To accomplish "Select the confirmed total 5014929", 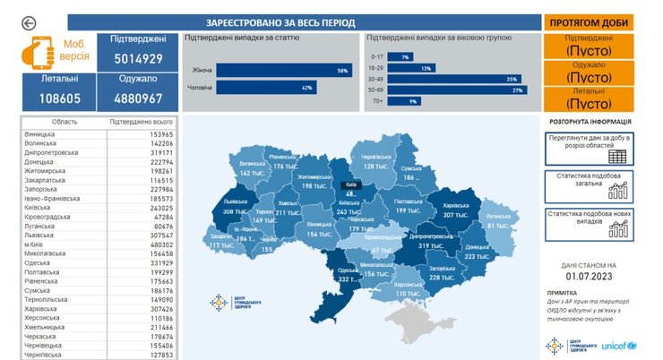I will click(138, 59).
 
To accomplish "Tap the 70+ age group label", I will click(377, 101).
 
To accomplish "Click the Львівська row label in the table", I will click(41, 235).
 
